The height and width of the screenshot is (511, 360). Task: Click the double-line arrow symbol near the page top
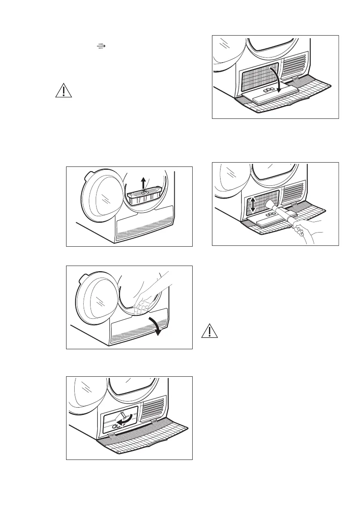point(101,45)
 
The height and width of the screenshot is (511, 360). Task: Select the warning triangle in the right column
point(208,332)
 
